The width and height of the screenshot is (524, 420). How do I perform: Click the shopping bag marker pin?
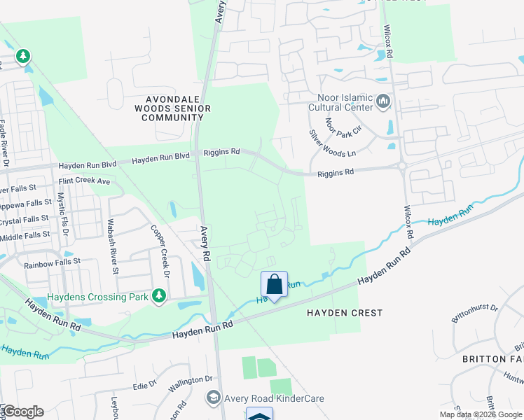tap(275, 285)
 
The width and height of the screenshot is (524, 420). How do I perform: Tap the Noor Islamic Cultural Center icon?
tap(383, 102)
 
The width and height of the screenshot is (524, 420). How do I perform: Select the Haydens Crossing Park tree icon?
tap(160, 297)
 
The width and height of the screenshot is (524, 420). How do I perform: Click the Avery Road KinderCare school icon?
tap(213, 398)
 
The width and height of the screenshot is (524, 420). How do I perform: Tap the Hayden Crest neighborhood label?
tap(345, 313)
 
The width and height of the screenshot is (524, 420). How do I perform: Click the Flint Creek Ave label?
tap(86, 181)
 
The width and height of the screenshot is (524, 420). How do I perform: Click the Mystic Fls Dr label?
tap(62, 214)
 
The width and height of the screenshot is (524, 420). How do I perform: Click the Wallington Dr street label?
tap(189, 379)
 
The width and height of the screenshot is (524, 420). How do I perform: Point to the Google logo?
tap(22, 412)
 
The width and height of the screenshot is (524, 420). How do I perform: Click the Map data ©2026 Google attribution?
tap(480, 414)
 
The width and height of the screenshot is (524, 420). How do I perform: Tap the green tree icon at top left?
tap(23, 56)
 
